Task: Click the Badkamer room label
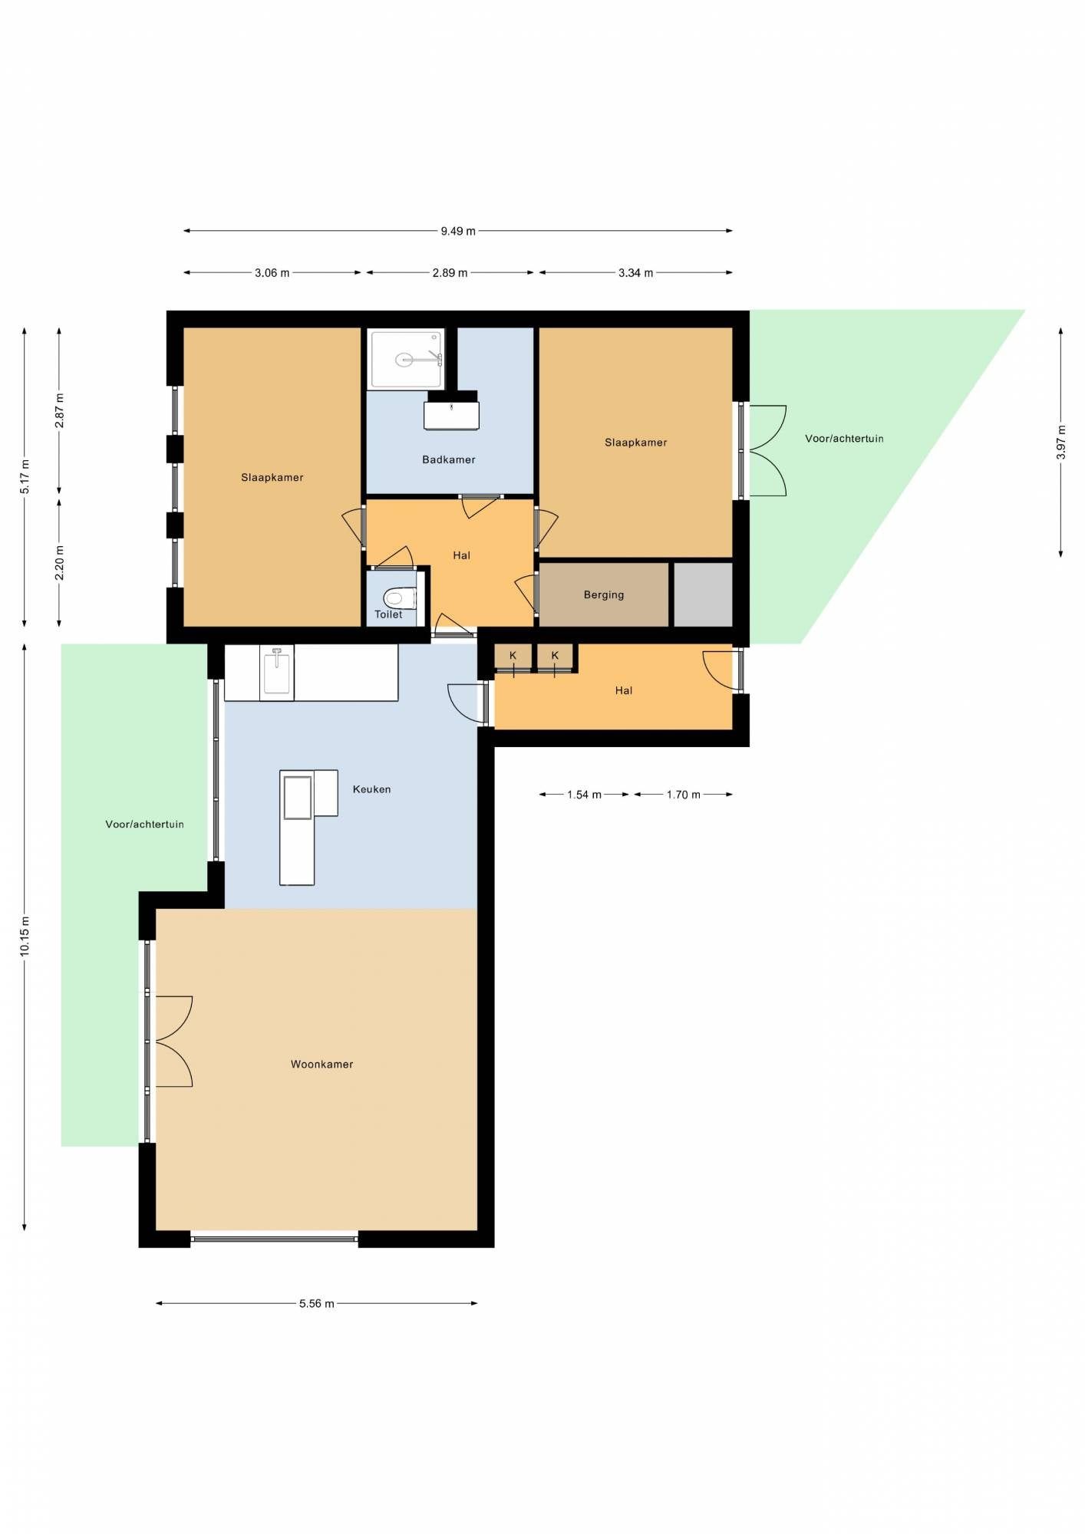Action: (449, 459)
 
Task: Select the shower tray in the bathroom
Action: (407, 359)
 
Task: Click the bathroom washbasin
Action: (452, 415)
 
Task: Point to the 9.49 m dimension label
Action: (458, 231)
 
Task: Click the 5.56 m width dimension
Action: (317, 1303)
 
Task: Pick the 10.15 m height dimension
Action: (25, 937)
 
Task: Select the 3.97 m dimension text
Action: (1061, 443)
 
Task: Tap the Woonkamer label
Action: (322, 1064)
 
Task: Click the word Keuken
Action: (372, 788)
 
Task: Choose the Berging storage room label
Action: (604, 594)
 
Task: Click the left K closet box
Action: (513, 657)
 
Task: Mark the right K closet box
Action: (555, 657)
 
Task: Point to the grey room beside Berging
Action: (703, 594)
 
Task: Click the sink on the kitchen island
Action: (298, 798)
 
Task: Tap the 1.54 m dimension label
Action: (585, 795)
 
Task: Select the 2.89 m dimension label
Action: (450, 273)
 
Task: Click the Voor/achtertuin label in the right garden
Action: (844, 439)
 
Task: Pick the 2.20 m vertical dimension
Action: (60, 562)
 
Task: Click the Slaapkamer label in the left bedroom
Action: (272, 477)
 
